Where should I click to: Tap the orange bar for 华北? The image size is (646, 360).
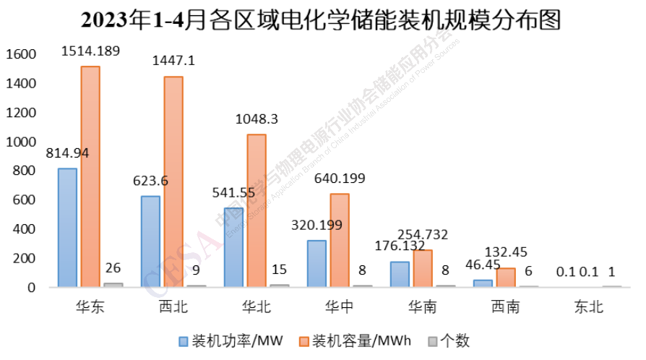tap(256, 210)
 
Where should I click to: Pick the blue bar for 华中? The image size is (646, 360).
tap(316, 263)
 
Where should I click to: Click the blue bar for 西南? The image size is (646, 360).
tap(483, 283)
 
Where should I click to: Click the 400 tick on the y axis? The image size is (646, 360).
tap(25, 229)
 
